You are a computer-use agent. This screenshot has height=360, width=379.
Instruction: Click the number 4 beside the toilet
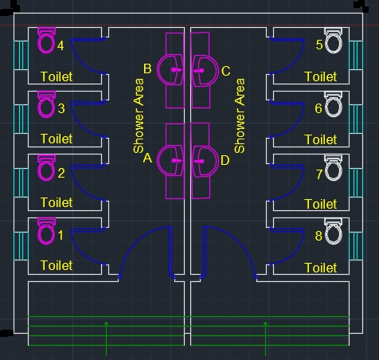pos(61,45)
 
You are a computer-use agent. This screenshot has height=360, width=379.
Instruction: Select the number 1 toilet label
pos(61,236)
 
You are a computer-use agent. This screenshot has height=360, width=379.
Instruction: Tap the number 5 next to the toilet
pos(318,45)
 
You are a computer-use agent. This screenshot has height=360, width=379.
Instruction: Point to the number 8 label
pos(318,236)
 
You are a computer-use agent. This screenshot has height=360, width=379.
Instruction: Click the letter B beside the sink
pos(147,70)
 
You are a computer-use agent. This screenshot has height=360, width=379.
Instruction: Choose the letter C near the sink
pos(225,71)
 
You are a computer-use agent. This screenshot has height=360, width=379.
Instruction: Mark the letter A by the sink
pos(147,158)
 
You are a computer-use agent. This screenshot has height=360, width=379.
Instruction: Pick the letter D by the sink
pos(225,160)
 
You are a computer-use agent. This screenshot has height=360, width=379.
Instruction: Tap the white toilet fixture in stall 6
pos(333,105)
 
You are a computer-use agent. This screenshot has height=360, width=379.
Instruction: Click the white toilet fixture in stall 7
pos(333,169)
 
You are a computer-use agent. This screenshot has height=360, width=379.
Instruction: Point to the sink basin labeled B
pos(171,70)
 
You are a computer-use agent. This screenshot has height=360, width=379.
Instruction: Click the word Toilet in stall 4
pos(57,76)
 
